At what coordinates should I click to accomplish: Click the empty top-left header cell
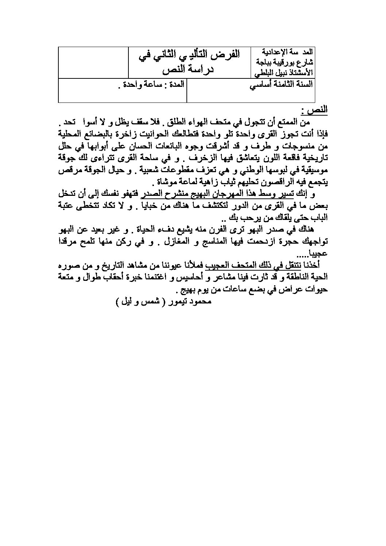[93, 62]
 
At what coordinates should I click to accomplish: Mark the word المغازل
[183, 242]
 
